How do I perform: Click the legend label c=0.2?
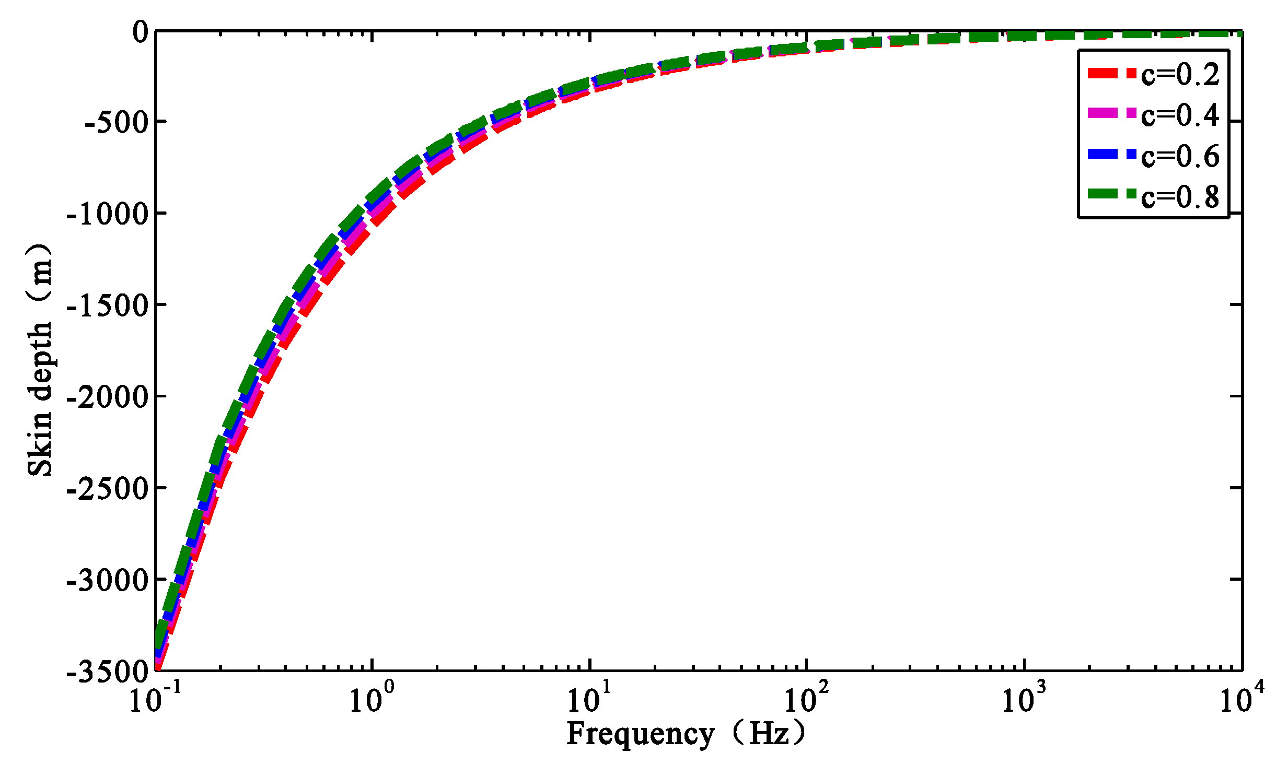[1180, 74]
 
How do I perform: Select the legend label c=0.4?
[1180, 115]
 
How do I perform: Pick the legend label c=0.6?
[1180, 156]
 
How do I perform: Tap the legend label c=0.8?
[1180, 196]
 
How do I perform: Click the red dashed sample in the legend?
[1111, 73]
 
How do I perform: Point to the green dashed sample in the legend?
[1111, 194]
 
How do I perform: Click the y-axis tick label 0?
[141, 32]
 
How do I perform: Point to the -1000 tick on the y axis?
[108, 214]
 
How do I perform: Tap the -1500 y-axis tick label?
[108, 306]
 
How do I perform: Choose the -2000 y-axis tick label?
[108, 397]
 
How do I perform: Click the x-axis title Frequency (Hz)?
[686, 734]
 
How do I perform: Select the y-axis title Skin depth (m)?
[40, 360]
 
